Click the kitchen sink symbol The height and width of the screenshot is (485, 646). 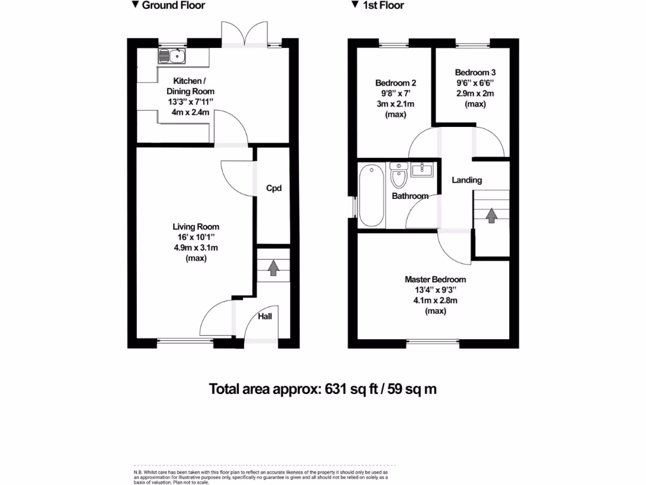[x=172, y=57]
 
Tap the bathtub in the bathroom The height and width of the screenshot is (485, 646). [x=372, y=195]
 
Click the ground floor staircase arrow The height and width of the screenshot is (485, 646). [x=273, y=268]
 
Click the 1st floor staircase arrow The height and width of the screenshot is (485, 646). [x=491, y=215]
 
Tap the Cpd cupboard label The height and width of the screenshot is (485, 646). [x=273, y=188]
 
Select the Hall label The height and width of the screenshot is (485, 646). [x=265, y=316]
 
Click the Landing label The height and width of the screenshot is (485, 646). [x=467, y=180]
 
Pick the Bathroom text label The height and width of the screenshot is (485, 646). [x=410, y=196]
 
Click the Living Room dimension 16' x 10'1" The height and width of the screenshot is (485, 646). [x=196, y=237]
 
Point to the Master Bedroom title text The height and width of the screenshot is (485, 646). [x=435, y=280]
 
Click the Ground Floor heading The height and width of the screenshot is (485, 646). [x=173, y=6]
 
